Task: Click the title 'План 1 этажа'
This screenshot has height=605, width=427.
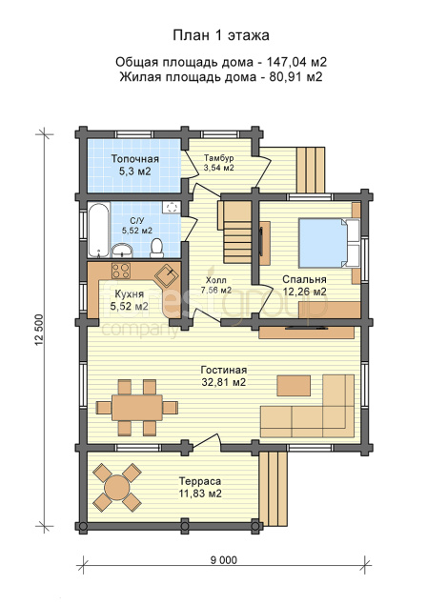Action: [x=221, y=35]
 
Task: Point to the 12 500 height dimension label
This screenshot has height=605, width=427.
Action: [x=39, y=331]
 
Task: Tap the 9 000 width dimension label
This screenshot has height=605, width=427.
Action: [x=224, y=560]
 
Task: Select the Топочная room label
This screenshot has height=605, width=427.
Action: [x=134, y=165]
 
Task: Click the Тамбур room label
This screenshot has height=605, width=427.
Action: [x=219, y=163]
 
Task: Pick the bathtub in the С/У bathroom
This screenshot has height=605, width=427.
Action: [x=98, y=231]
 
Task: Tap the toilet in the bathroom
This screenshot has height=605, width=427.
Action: [x=156, y=248]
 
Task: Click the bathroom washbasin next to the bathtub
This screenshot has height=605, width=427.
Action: [x=122, y=251]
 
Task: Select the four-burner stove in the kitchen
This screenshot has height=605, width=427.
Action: [x=121, y=271]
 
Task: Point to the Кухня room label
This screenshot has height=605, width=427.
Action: [x=130, y=300]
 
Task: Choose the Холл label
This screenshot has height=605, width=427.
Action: [x=215, y=285]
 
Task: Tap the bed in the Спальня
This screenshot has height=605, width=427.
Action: [x=330, y=243]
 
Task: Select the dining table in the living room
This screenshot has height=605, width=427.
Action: [x=137, y=408]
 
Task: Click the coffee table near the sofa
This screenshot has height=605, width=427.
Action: [x=294, y=386]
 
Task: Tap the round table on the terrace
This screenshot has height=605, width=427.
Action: [x=117, y=487]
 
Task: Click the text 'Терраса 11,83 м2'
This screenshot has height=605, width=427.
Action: [x=200, y=487]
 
